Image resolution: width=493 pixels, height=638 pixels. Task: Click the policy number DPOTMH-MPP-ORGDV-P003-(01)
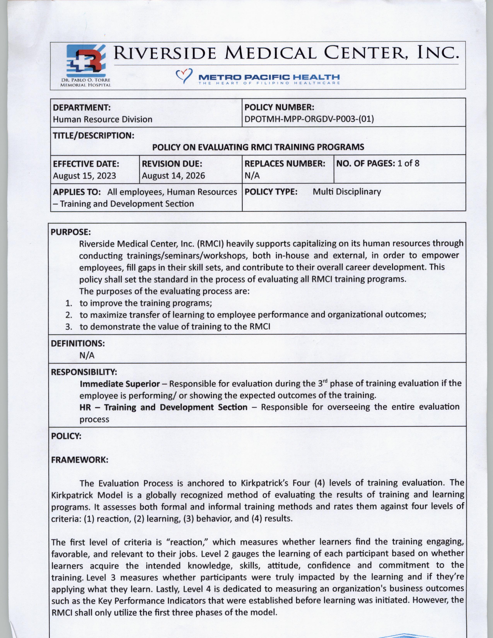pos(309,119)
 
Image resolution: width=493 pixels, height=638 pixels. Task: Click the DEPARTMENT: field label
pos(81,107)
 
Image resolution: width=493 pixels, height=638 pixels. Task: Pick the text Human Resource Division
pos(102,119)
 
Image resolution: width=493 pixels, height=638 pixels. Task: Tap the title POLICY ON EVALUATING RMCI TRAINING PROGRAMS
pos(258,147)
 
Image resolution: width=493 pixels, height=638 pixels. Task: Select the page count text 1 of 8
pos(408,163)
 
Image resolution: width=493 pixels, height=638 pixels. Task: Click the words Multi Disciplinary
pos(347,192)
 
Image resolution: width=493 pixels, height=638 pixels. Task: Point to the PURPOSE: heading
pos(71,232)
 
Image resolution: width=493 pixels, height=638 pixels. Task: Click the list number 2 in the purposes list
pos(69,315)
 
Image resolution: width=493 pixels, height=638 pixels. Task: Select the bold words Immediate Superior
pos(120,384)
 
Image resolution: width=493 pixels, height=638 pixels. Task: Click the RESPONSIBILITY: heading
pos(84,372)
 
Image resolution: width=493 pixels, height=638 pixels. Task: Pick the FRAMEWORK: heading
pos(80,460)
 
